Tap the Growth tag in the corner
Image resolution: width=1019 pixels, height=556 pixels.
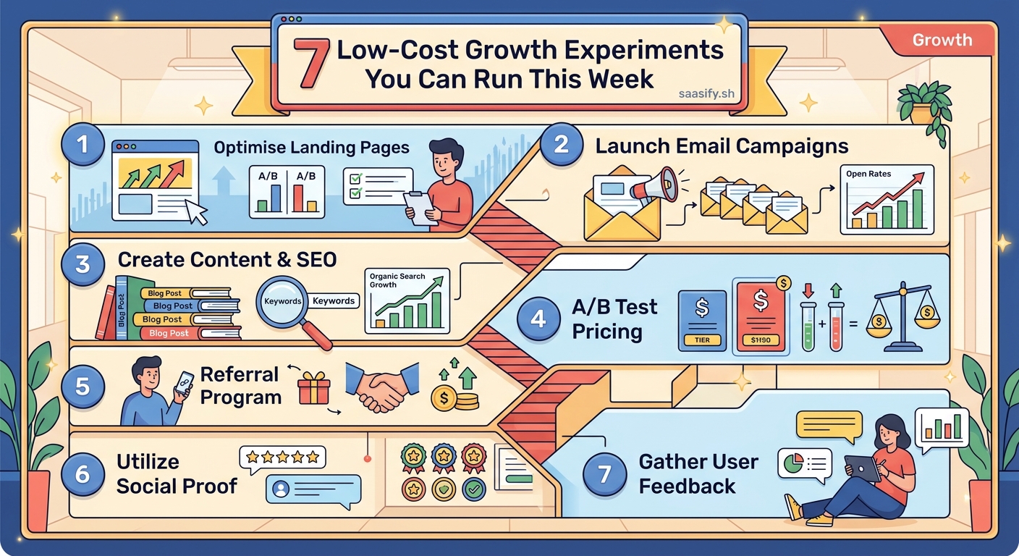click(x=942, y=41)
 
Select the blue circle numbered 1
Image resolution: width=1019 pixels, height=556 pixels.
click(x=83, y=145)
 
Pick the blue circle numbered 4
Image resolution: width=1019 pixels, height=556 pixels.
click(x=538, y=319)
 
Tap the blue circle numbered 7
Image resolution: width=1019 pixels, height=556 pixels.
click(x=604, y=473)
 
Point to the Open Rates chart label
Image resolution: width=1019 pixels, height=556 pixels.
click(x=868, y=174)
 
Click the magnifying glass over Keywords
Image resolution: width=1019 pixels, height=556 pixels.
click(x=286, y=303)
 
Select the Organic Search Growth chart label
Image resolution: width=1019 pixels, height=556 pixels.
click(x=397, y=280)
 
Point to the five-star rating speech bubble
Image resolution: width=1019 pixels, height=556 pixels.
click(x=282, y=458)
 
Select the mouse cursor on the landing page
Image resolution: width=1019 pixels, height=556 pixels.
click(x=196, y=212)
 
